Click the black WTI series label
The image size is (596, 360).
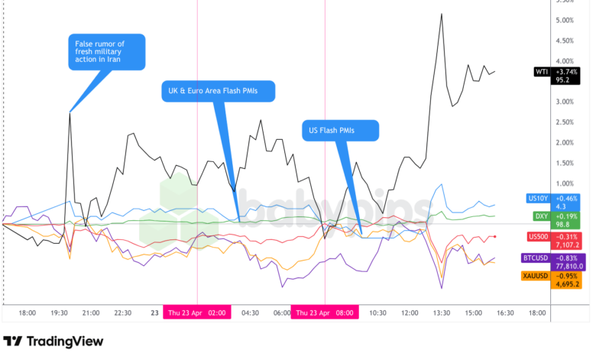tap(541, 73)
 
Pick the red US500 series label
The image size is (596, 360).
tap(538, 237)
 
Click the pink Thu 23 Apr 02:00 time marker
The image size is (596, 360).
tap(198, 313)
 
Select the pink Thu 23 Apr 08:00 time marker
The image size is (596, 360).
tap(325, 313)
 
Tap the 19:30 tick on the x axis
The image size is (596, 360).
tap(60, 313)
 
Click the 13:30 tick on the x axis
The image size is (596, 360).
tap(442, 313)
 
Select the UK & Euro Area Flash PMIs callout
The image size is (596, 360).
tap(218, 91)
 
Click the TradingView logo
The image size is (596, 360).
tap(53, 342)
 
